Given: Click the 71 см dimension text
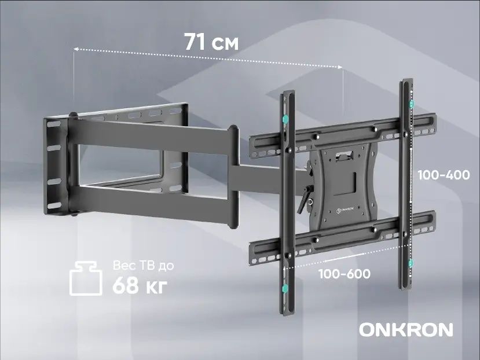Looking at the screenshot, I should [211, 42].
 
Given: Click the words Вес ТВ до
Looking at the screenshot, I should [143, 266].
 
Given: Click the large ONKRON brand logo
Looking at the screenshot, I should [406, 330].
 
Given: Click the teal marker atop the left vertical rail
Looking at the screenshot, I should [285, 120].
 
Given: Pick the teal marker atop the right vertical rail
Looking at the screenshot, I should [411, 104].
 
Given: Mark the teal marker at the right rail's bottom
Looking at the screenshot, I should [411, 264].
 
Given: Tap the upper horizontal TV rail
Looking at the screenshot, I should [342, 137].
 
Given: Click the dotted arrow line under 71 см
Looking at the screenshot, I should [208, 58].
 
